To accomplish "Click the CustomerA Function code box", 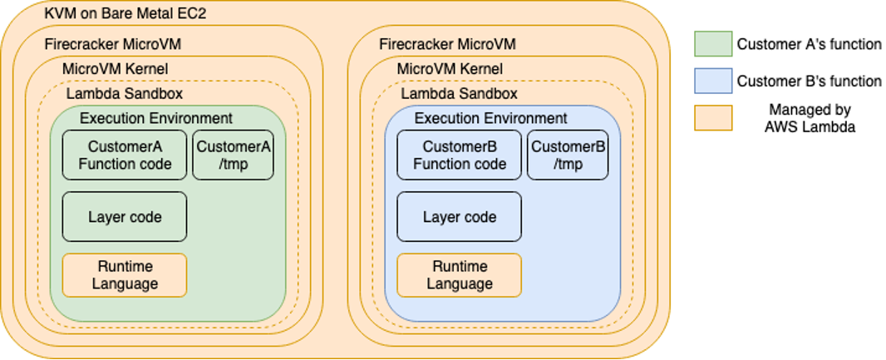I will [x=125, y=155].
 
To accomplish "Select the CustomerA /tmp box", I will [x=234, y=155].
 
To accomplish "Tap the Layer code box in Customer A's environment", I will [x=125, y=217].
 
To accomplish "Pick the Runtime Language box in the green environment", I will [x=125, y=275].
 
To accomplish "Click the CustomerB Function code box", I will [x=460, y=155].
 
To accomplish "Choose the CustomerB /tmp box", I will [x=569, y=155].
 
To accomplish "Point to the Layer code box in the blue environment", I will [x=460, y=217].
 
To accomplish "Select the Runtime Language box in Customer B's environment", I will [x=460, y=275].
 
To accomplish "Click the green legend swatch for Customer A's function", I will [x=713, y=44].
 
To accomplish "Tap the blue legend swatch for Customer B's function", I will [x=713, y=81].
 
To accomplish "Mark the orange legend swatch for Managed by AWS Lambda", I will [x=713, y=117].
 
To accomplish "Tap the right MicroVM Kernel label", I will [x=450, y=68].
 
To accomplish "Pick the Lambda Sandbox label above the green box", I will [x=125, y=94].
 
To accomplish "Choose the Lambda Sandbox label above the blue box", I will [x=460, y=94].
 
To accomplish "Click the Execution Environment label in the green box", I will [x=156, y=118].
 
